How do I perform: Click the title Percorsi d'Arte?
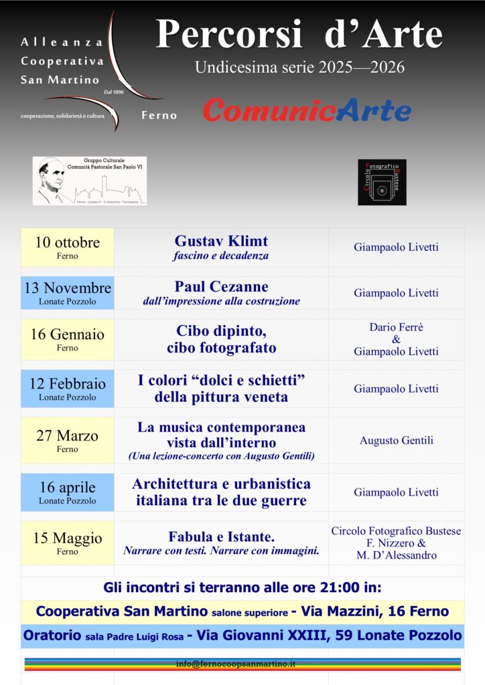coord(299,35)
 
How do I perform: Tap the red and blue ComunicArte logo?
coord(307,110)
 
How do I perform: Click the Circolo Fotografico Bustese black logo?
coord(382,182)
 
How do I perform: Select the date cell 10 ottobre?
coord(67,247)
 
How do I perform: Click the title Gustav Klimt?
coord(221,241)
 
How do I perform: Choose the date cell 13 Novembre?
coord(67,293)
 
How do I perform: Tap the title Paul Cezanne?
coord(221,287)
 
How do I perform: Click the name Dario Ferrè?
coord(396,327)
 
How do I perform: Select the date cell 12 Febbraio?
coord(67,389)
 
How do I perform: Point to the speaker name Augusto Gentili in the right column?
coord(396,440)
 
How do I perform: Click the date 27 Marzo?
coord(67,436)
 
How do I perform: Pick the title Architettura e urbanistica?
coord(221,484)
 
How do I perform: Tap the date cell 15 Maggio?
coord(67,543)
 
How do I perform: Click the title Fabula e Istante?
coord(221,536)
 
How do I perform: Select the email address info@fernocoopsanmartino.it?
coord(245,664)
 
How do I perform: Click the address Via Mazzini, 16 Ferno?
coord(374,611)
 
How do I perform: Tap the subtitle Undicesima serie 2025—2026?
coord(299,68)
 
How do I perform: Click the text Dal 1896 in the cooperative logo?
coord(114,92)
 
